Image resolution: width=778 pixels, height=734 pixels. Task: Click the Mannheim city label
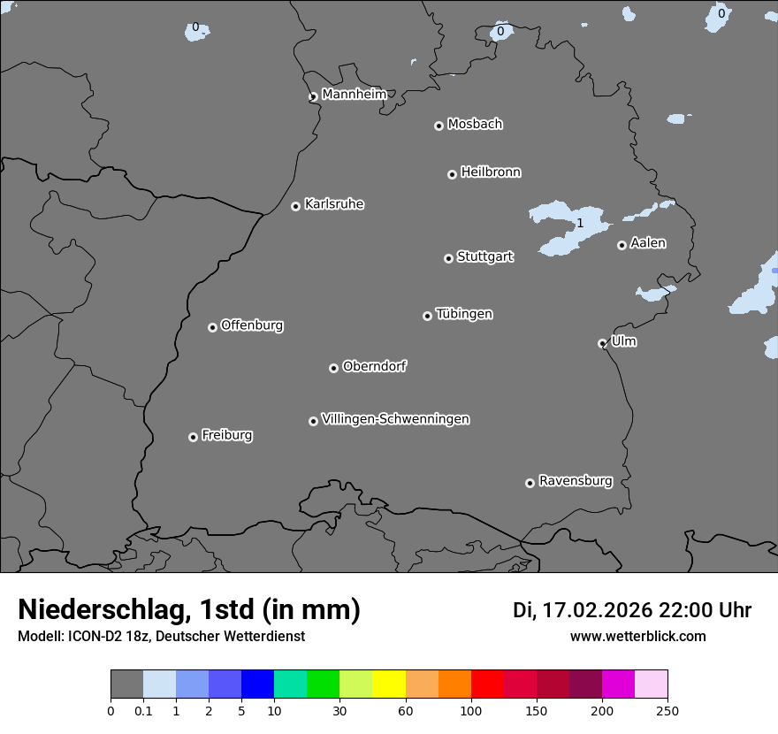(x=354, y=95)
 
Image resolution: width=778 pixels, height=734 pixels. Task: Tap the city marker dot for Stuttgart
(x=448, y=258)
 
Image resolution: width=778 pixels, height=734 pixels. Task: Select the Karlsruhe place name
(x=334, y=204)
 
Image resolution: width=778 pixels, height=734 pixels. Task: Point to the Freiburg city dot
(x=193, y=437)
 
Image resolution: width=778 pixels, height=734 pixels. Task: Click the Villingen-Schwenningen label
(x=395, y=419)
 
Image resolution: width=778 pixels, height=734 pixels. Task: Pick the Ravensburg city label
(x=576, y=481)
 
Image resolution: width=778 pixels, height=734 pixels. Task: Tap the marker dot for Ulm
(x=602, y=343)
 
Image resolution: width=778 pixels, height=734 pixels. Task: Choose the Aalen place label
(x=648, y=243)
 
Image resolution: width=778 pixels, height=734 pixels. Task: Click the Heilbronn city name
(x=491, y=172)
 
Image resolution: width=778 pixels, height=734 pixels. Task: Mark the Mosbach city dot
(x=439, y=126)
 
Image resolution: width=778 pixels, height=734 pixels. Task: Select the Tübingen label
(x=464, y=314)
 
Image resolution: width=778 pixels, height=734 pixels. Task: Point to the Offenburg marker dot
(x=212, y=327)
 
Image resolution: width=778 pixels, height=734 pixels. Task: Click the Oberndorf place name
(x=374, y=366)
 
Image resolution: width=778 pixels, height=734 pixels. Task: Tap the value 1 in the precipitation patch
(x=580, y=223)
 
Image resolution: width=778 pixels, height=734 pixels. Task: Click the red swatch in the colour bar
(x=487, y=684)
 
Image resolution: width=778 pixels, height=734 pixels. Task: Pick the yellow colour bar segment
(x=389, y=684)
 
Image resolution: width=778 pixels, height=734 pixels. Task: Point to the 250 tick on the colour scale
(x=667, y=710)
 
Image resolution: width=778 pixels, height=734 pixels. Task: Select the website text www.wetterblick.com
(x=637, y=636)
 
